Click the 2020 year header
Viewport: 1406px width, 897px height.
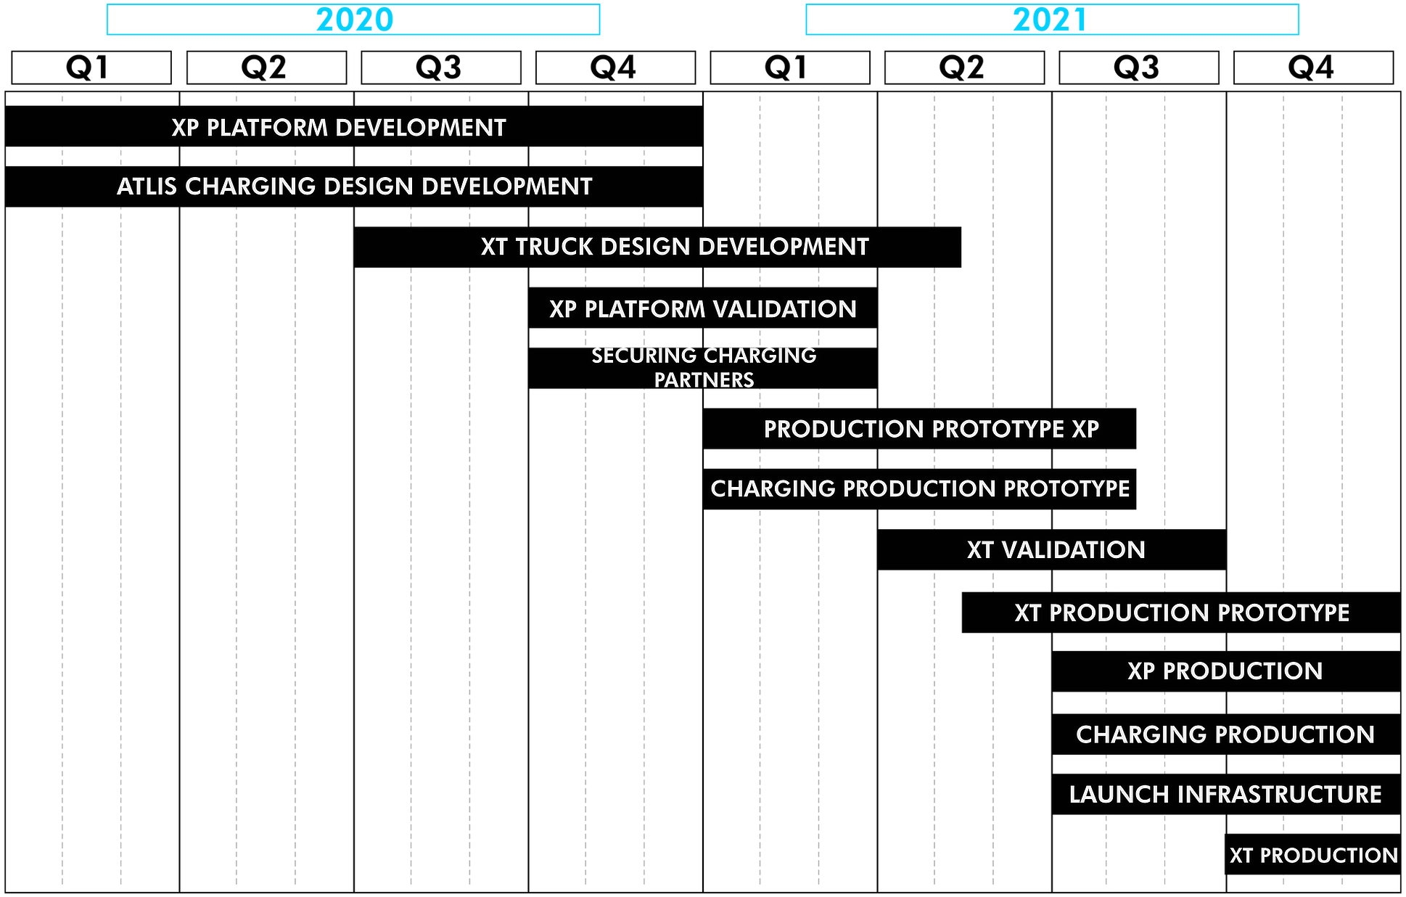[353, 20]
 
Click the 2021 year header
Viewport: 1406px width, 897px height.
[1052, 20]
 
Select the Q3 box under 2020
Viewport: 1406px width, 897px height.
[441, 67]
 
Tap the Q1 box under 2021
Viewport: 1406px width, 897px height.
[790, 67]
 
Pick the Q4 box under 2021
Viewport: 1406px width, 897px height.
[1313, 67]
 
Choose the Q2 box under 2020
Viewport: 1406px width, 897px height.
[266, 67]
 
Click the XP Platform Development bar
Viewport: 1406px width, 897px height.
[354, 126]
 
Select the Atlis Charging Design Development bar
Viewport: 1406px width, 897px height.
[354, 187]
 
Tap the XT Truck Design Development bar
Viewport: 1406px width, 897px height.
[657, 247]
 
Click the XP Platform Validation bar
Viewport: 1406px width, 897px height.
[703, 308]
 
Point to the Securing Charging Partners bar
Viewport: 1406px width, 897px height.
[703, 368]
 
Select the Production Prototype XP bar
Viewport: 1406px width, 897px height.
[919, 429]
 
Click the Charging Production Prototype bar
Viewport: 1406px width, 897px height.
[919, 489]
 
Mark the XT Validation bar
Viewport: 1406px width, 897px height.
[1052, 549]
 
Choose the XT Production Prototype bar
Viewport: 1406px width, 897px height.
[1181, 613]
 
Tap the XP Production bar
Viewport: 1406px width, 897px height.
[1226, 671]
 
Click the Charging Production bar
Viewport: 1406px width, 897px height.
[1226, 734]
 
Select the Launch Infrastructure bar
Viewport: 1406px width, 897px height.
[1226, 795]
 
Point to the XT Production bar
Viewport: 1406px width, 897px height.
[1313, 854]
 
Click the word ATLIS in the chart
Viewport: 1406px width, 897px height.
[147, 187]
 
